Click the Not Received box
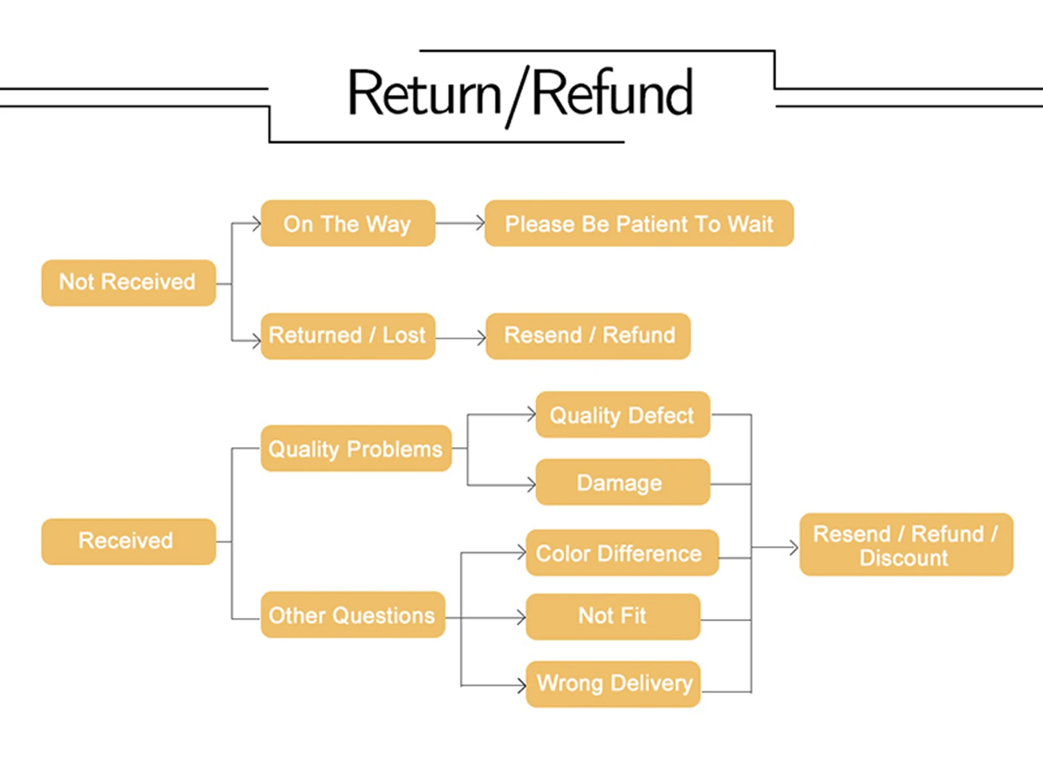coord(129,283)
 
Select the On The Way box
coord(348,223)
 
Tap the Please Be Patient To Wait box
coord(639,223)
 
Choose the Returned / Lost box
coord(348,336)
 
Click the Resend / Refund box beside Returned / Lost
coord(588,336)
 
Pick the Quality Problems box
coord(356,448)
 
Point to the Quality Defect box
coord(623,414)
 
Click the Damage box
coord(623,482)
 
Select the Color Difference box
coord(623,553)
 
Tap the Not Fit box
coord(613,616)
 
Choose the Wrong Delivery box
coord(613,684)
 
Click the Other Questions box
coord(353,615)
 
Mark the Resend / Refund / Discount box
coord(906,545)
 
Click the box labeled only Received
coord(129,542)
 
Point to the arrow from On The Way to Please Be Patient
coord(460,223)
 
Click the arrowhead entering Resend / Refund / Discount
coord(794,547)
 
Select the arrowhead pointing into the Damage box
coord(531,485)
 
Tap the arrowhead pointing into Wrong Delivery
coord(521,686)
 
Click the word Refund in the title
coord(612,92)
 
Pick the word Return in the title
coord(425,93)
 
